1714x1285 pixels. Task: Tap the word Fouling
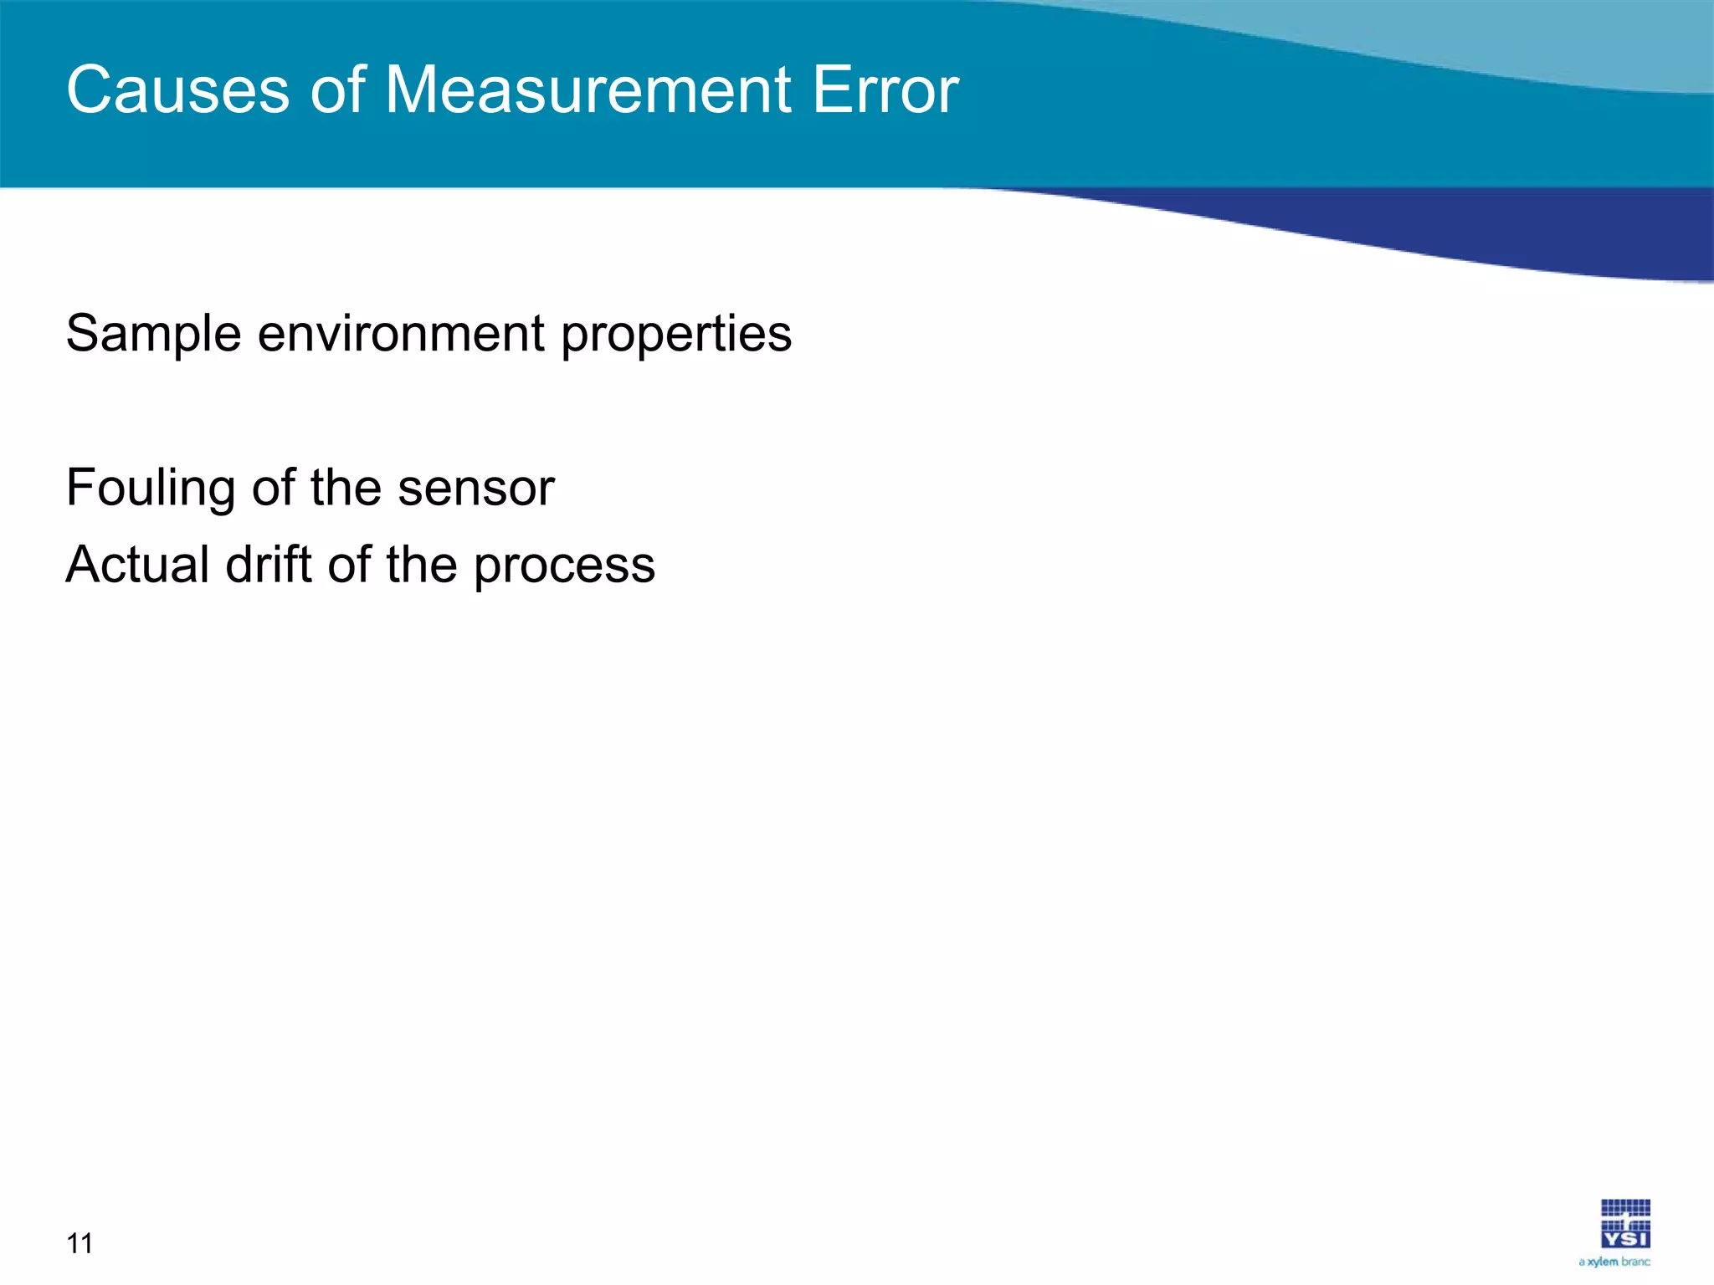(x=151, y=489)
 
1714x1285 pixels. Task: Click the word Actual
(x=137, y=565)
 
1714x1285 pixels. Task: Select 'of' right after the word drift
(x=348, y=565)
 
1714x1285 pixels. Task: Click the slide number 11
(x=80, y=1244)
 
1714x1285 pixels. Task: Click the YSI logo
(x=1625, y=1223)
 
